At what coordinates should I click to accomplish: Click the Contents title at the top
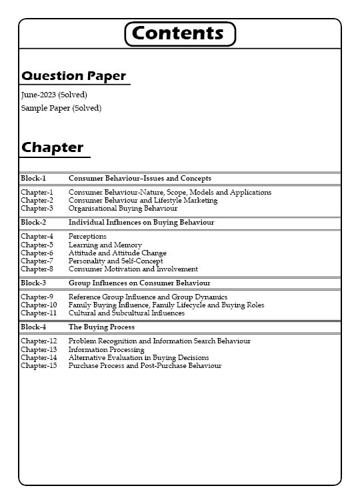click(x=180, y=33)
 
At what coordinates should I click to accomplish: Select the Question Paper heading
click(x=73, y=76)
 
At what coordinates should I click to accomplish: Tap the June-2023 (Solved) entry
click(x=54, y=95)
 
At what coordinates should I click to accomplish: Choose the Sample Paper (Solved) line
click(x=61, y=108)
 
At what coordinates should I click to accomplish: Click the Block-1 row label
click(x=33, y=178)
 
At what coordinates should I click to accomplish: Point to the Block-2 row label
click(x=33, y=222)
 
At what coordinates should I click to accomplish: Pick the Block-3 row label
click(x=33, y=283)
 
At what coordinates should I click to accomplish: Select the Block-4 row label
click(x=33, y=327)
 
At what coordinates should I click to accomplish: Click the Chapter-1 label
click(x=37, y=192)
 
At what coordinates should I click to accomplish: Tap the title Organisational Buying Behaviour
click(x=123, y=208)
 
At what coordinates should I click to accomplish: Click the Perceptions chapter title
click(x=87, y=236)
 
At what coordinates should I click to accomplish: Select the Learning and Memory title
click(x=105, y=245)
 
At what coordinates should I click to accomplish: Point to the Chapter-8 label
click(x=37, y=269)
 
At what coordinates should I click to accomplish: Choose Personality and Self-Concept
click(x=115, y=261)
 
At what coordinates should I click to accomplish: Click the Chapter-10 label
click(x=39, y=305)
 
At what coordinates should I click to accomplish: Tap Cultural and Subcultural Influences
click(x=127, y=313)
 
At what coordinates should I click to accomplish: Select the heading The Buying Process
click(x=101, y=327)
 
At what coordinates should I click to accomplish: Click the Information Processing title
click(x=106, y=349)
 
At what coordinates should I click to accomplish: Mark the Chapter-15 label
click(x=39, y=365)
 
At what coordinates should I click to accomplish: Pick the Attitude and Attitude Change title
click(x=117, y=253)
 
